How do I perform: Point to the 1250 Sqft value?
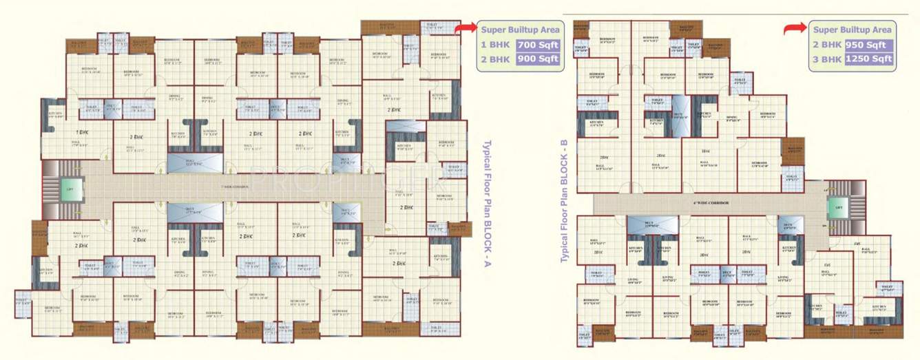pyautogui.click(x=869, y=59)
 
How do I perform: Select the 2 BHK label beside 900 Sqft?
pyautogui.click(x=496, y=59)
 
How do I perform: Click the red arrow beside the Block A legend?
pyautogui.click(x=466, y=28)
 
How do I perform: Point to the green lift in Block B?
pyautogui.click(x=838, y=207)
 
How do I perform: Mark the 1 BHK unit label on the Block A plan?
pyautogui.click(x=82, y=131)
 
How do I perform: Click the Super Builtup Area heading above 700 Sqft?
pyautogui.click(x=521, y=30)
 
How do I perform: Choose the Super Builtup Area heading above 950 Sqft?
pyautogui.click(x=852, y=30)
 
